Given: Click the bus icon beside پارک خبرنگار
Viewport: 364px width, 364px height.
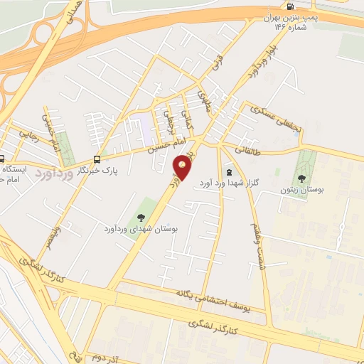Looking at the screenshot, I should (x=97, y=159).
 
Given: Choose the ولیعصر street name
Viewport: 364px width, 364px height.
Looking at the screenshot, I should (x=53, y=238).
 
